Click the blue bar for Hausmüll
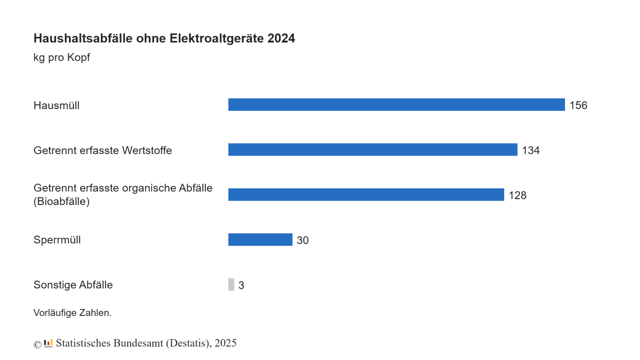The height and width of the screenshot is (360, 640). pyautogui.click(x=396, y=105)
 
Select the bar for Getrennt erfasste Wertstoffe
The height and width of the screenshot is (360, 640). pyautogui.click(x=373, y=150)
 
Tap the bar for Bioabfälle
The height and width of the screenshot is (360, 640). pyautogui.click(x=366, y=195)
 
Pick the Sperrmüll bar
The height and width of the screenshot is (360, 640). pyautogui.click(x=260, y=240)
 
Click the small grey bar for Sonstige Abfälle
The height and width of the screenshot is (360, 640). pyautogui.click(x=231, y=285)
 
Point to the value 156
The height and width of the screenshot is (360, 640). pyautogui.click(x=578, y=105)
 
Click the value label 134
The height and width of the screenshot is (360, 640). pyautogui.click(x=531, y=150)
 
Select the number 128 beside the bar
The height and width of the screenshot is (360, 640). pyautogui.click(x=517, y=195)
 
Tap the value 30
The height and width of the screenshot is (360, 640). pyautogui.click(x=303, y=240)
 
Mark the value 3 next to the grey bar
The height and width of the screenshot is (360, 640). pyautogui.click(x=241, y=285)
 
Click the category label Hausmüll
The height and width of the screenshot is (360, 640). pyautogui.click(x=56, y=105)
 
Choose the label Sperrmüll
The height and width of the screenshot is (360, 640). pyautogui.click(x=57, y=240)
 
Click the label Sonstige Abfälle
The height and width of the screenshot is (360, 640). pyautogui.click(x=73, y=285)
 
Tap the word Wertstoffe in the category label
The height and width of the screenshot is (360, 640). pyautogui.click(x=147, y=150)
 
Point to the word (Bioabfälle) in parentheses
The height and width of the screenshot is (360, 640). pyautogui.click(x=61, y=201)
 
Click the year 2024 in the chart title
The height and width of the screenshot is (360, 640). pyautogui.click(x=281, y=38)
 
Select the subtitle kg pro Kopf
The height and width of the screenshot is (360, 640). pyautogui.click(x=62, y=57)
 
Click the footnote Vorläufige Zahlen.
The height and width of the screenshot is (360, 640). pyautogui.click(x=72, y=313)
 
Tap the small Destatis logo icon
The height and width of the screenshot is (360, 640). pyautogui.click(x=48, y=343)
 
